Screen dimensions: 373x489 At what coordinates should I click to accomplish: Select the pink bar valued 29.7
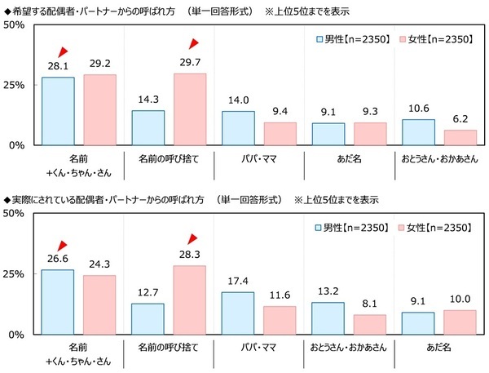189,109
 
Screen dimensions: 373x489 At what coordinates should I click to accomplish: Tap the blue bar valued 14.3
148,128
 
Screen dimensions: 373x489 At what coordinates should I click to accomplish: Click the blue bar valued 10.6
419,132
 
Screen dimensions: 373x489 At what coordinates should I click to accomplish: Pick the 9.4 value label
280,113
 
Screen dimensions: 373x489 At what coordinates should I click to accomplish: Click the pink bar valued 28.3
189,300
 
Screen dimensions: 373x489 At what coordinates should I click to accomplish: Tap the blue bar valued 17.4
238,313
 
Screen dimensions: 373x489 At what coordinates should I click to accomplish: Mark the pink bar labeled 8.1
370,324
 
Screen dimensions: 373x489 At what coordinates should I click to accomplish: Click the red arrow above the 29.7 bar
194,44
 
